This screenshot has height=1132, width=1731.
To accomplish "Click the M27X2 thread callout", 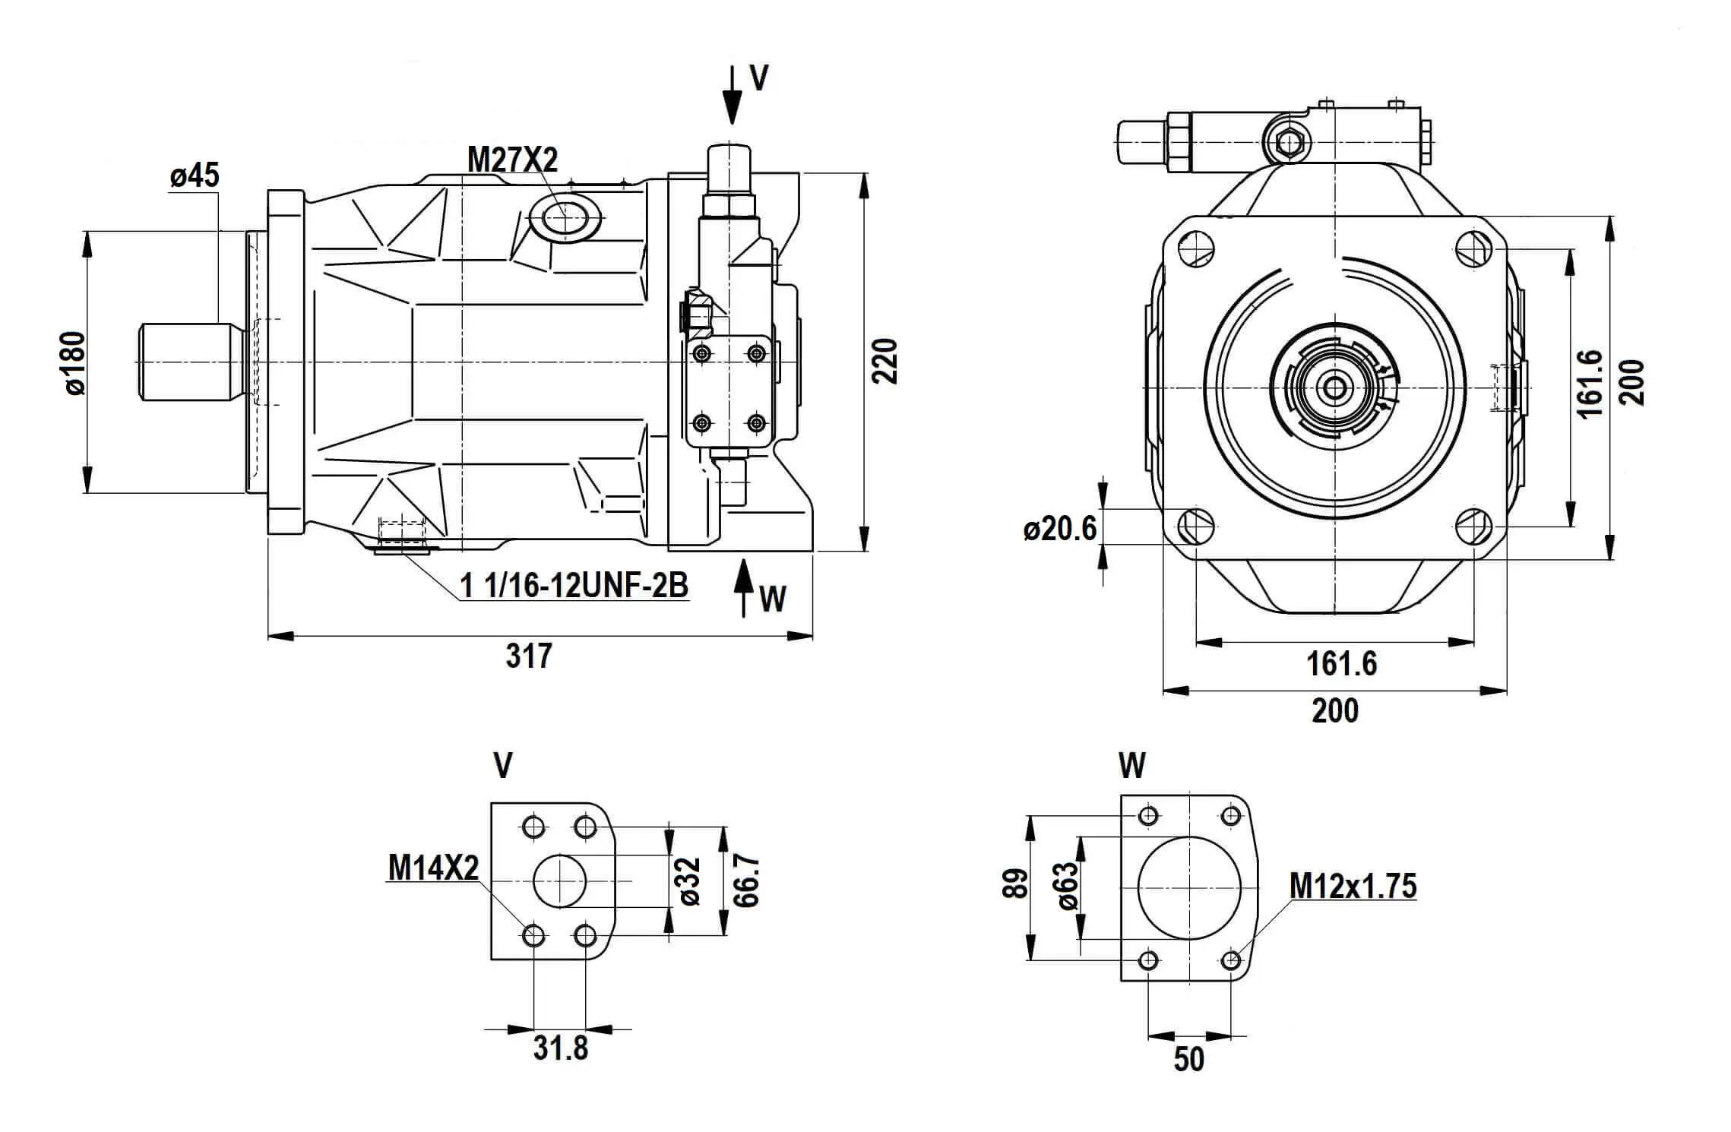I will tap(512, 160).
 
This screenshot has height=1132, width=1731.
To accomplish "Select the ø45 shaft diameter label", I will tap(195, 175).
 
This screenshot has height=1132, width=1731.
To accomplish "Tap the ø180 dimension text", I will tap(75, 362).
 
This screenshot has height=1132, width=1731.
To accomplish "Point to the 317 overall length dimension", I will tap(529, 655).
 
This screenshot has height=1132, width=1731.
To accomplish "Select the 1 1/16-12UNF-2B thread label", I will tap(574, 585).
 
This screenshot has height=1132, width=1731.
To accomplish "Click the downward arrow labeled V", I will tap(732, 95).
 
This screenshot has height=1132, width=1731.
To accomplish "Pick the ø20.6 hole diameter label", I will tap(1059, 528).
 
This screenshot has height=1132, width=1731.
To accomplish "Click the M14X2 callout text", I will tap(433, 868).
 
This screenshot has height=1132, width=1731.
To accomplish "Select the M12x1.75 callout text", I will tap(1353, 886).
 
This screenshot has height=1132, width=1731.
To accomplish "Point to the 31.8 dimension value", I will tap(561, 1048).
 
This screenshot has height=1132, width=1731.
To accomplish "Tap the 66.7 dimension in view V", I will tap(747, 881).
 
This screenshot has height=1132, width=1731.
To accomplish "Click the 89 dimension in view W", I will tap(1016, 884).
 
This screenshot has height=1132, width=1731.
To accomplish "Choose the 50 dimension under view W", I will tap(1188, 1059).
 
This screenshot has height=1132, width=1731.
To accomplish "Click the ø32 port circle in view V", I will tap(560, 881).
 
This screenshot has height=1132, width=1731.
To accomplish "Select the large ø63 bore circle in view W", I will tap(1188, 888).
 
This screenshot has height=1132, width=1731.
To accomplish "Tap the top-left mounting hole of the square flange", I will tap(1195, 248).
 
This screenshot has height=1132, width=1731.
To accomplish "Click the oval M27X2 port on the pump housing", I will tap(565, 219).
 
